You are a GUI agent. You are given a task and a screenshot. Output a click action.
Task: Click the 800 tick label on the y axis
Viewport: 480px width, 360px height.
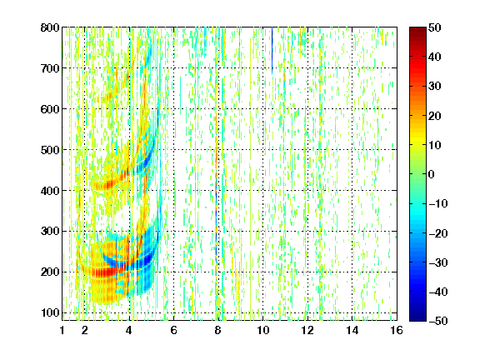click(x=50, y=27)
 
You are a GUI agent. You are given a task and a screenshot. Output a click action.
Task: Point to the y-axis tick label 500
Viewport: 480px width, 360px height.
click(x=50, y=150)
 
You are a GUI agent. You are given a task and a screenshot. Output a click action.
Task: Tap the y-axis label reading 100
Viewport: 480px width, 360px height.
click(x=50, y=313)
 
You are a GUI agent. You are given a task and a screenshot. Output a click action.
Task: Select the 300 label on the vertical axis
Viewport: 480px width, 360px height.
click(x=50, y=232)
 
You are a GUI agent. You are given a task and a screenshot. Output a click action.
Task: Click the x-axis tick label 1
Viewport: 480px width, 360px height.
click(x=62, y=330)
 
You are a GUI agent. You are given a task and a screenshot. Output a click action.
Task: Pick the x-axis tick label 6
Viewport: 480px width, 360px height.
click(x=173, y=330)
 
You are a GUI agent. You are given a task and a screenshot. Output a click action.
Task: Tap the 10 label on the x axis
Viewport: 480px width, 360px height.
click(x=263, y=330)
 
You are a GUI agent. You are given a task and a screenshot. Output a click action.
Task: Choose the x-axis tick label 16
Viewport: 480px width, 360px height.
click(x=397, y=330)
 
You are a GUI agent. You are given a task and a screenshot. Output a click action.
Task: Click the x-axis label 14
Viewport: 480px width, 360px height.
click(x=352, y=330)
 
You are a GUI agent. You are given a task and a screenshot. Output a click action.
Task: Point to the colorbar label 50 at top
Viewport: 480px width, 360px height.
click(x=434, y=27)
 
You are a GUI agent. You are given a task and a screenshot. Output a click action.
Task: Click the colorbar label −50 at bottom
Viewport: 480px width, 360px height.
click(x=438, y=321)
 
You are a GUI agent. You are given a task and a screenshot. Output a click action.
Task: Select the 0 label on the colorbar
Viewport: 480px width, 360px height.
click(x=431, y=174)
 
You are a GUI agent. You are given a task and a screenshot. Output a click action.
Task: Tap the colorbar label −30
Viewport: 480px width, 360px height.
click(x=438, y=262)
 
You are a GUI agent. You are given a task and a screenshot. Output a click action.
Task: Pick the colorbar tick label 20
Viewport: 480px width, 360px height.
click(x=434, y=116)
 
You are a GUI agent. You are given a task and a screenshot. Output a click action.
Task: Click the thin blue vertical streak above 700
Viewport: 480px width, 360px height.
click(x=272, y=50)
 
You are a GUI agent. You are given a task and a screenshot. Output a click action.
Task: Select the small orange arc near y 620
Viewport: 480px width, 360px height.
click(x=110, y=96)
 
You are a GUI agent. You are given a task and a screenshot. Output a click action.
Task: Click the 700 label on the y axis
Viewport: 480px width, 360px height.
click(x=50, y=68)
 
